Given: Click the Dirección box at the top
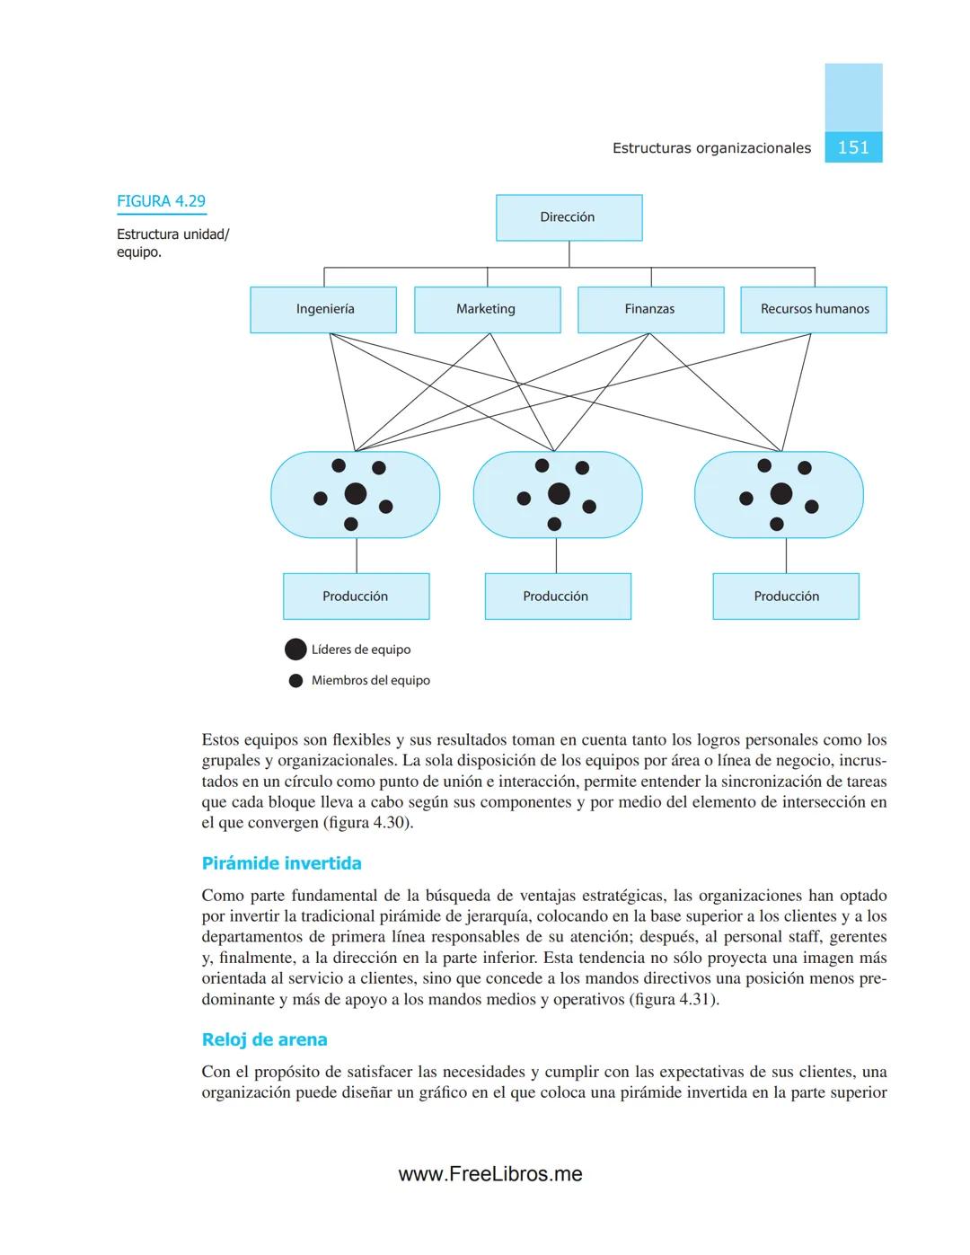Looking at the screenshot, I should [x=569, y=217].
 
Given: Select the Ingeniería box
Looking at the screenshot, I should [x=323, y=309].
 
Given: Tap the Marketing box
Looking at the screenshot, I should [x=487, y=309].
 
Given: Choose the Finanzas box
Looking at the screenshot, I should [x=650, y=309].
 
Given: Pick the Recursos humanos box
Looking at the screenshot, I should [x=814, y=309].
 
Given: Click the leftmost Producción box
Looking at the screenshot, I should [x=356, y=597].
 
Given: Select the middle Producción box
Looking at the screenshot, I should [x=557, y=597].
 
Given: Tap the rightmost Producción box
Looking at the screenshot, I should [x=786, y=597].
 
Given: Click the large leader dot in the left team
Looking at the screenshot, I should [x=356, y=493].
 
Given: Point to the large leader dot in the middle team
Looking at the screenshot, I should [x=559, y=493].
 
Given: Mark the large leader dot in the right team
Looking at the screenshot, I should [x=781, y=493].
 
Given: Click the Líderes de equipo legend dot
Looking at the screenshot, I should [x=295, y=650].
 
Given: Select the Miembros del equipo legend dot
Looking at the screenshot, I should [x=295, y=681].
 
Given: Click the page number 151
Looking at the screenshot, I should [x=853, y=147].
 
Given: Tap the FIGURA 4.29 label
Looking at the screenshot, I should [x=162, y=201].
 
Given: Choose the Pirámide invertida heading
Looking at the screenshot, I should [x=281, y=863].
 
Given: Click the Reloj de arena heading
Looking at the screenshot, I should [x=264, y=1039].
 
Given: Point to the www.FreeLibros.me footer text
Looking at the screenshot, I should [x=490, y=1174].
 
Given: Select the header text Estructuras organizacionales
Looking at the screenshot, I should [x=711, y=148].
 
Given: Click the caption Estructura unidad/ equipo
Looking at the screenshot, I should [x=172, y=243].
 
